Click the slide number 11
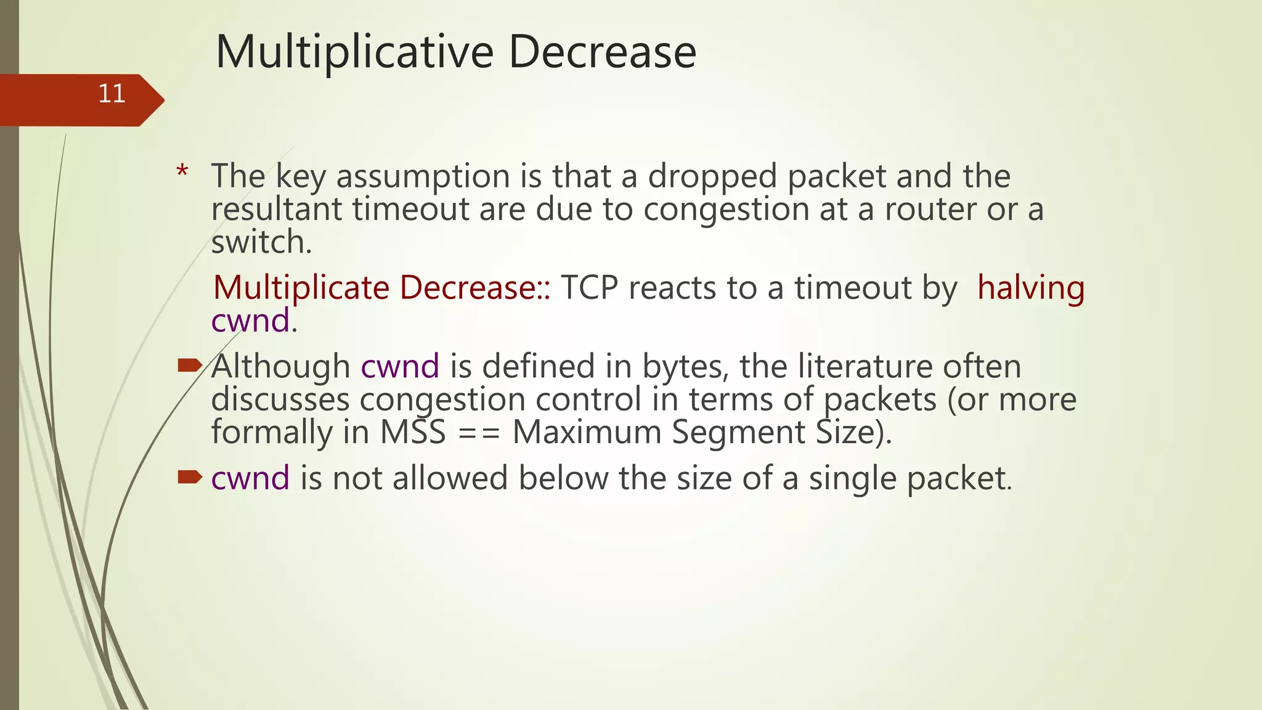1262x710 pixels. [112, 94]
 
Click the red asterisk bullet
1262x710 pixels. [182, 172]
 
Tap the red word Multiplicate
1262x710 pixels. [301, 288]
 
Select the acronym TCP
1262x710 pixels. [589, 288]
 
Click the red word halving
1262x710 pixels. [1030, 288]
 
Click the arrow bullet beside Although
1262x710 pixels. [189, 366]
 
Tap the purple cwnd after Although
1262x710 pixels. [399, 366]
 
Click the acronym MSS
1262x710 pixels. [412, 431]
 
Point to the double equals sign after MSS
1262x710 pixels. [479, 433]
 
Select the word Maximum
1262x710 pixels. [587, 431]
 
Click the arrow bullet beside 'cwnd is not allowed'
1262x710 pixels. [189, 477]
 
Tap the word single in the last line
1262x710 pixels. [852, 478]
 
